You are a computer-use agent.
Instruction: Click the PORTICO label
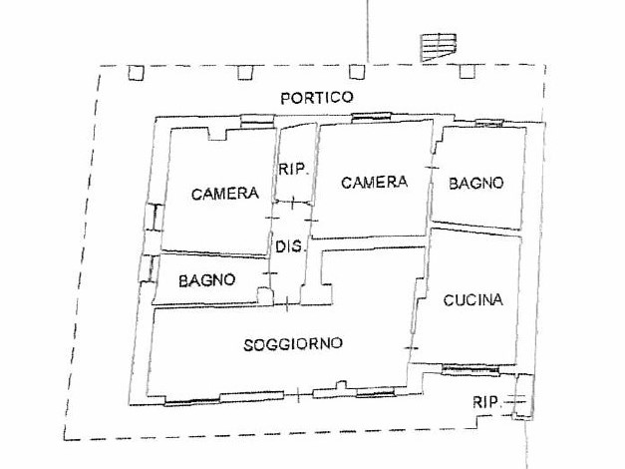tap(317, 98)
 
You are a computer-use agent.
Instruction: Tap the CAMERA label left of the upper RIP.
tap(225, 194)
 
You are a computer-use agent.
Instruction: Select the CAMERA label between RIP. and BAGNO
tap(374, 183)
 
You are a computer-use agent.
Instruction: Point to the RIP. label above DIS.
tap(294, 170)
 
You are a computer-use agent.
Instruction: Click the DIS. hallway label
tap(291, 246)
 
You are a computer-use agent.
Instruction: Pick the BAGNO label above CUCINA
tap(476, 184)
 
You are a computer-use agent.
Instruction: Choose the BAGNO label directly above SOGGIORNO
tap(207, 280)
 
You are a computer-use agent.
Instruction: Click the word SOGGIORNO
tap(293, 344)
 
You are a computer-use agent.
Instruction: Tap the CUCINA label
tap(473, 300)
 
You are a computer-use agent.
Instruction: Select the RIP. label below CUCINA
tap(486, 402)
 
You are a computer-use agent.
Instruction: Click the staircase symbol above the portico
tap(439, 48)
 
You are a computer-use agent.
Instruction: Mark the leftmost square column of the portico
tap(136, 73)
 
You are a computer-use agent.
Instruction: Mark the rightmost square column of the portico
tap(468, 72)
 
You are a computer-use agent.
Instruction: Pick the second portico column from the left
tap(245, 73)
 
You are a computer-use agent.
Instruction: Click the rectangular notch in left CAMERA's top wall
tap(217, 134)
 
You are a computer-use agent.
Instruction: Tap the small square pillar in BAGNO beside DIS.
tap(264, 295)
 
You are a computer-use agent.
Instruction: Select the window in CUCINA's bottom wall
tap(470, 370)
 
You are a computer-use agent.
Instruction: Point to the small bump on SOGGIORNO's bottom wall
tap(341, 385)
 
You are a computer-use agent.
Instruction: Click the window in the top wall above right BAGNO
tap(489, 124)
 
